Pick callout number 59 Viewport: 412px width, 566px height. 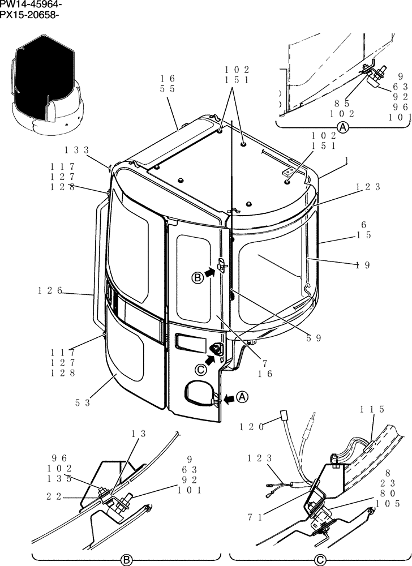(x=314, y=338)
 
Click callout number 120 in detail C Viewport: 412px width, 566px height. (x=252, y=427)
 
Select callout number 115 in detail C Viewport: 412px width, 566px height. (x=372, y=409)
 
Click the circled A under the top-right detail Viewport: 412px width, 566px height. (x=343, y=128)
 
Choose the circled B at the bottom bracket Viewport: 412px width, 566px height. (x=127, y=560)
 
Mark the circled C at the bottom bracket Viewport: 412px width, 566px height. (x=320, y=560)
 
